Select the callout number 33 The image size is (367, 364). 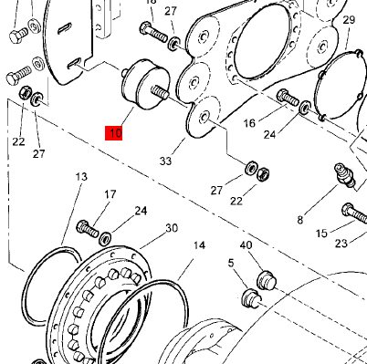pos(165,161)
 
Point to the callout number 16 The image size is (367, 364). pos(248,121)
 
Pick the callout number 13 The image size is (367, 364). pos(81,176)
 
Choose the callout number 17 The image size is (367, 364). pos(110,194)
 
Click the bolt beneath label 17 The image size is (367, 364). pos(88,225)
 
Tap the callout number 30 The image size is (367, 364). pos(171,228)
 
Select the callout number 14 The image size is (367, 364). pos(199,245)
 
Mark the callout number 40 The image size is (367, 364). pos(246,245)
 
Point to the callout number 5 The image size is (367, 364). pos(232,264)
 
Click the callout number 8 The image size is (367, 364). pos(299,219)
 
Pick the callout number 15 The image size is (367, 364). pos(321,234)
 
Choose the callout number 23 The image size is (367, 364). pos(341,243)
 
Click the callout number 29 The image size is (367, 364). pos(349,20)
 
